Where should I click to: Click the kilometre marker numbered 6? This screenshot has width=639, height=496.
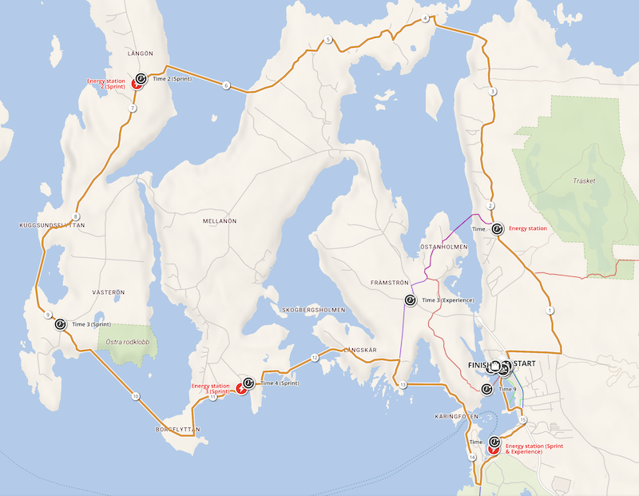click(x=226, y=85)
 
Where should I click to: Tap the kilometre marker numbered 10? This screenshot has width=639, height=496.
click(x=136, y=396)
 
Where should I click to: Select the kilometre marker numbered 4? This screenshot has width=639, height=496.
click(x=425, y=18)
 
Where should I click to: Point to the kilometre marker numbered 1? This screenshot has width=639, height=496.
click(x=550, y=310)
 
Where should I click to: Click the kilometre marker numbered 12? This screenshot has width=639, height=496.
click(x=315, y=357)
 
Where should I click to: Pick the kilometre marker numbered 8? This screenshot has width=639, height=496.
click(x=76, y=216)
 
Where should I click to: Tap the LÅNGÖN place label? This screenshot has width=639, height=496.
click(x=140, y=53)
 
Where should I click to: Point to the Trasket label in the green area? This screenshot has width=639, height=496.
click(x=585, y=181)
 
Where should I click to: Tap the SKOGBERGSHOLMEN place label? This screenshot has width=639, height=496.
click(x=313, y=309)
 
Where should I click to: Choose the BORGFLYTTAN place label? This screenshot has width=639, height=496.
click(x=177, y=429)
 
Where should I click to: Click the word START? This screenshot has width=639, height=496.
click(x=525, y=364)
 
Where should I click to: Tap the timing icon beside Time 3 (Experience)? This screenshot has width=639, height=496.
click(x=410, y=300)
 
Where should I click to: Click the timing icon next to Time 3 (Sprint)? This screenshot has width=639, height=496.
click(x=60, y=324)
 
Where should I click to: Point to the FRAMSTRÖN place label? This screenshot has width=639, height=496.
click(x=390, y=283)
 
